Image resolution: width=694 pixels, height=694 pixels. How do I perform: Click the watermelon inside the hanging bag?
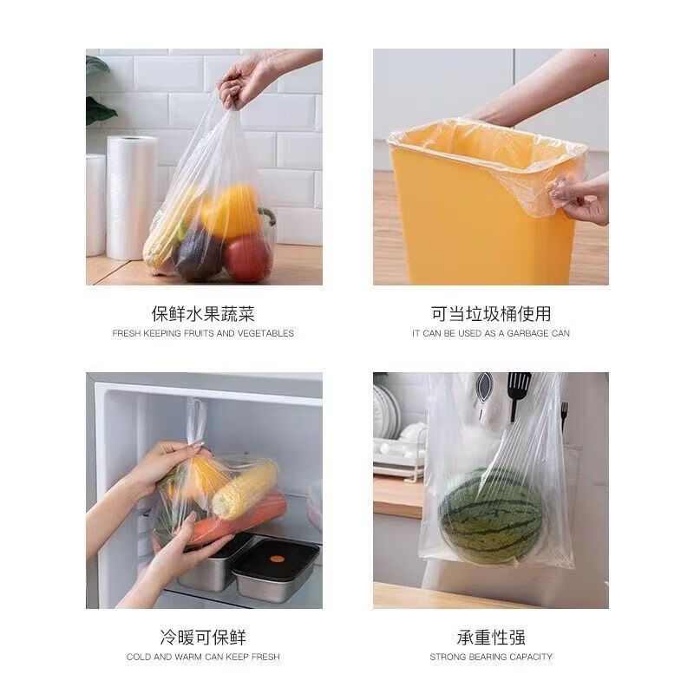[x=491, y=516]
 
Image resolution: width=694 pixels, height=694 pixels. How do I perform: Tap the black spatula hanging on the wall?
[x=518, y=395]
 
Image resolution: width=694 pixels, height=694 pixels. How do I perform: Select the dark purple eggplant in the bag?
[x=199, y=253]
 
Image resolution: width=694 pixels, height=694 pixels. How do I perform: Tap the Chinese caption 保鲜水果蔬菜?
[x=203, y=314]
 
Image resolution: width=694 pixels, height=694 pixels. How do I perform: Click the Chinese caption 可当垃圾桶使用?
[x=491, y=314]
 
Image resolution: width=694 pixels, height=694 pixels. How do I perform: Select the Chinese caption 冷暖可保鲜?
[x=203, y=638]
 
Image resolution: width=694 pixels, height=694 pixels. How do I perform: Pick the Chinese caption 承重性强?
[x=491, y=638]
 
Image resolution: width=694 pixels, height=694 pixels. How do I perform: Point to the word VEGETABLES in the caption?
[x=264, y=333]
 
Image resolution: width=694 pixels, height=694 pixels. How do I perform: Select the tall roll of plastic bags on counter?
[x=131, y=198]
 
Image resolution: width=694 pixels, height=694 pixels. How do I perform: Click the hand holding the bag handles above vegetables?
[x=246, y=79]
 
